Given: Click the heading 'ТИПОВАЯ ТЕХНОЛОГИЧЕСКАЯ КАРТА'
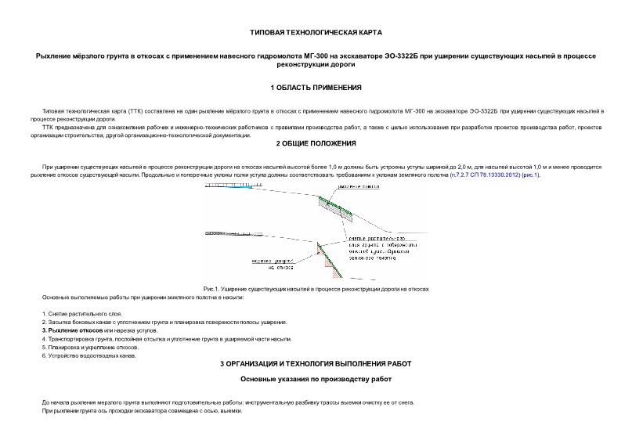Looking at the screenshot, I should point(316,33).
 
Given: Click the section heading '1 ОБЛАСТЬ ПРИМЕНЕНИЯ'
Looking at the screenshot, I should point(316,87).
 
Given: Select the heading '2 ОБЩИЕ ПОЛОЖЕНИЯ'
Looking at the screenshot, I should point(316,143).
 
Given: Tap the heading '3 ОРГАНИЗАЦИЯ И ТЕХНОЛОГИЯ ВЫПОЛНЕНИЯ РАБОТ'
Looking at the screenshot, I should point(316,364).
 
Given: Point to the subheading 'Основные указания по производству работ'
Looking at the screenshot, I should point(316,380).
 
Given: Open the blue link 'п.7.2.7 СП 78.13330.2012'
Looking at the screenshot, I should point(485,175).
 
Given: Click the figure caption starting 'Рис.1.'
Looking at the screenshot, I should point(316,289).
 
